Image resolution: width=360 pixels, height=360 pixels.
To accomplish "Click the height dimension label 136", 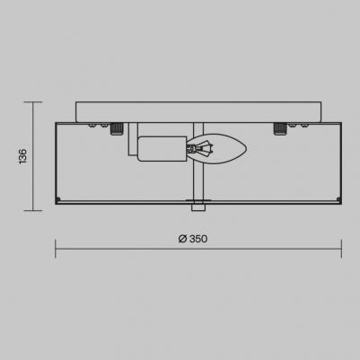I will (22, 156).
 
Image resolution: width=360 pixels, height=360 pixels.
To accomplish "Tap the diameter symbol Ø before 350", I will (182, 239).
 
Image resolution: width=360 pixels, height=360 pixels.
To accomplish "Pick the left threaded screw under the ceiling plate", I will (117, 127).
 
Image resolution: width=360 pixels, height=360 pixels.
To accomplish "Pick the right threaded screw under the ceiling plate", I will (278, 127).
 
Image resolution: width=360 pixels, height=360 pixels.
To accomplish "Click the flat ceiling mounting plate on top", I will (198, 111).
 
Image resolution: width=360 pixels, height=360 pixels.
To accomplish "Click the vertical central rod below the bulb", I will (198, 184).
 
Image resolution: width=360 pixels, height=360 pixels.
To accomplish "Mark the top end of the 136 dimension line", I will (35, 102).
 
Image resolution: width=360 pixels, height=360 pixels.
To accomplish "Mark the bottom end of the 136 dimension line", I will (35, 211).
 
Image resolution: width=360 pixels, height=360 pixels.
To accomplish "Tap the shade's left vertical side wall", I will (57, 162).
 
